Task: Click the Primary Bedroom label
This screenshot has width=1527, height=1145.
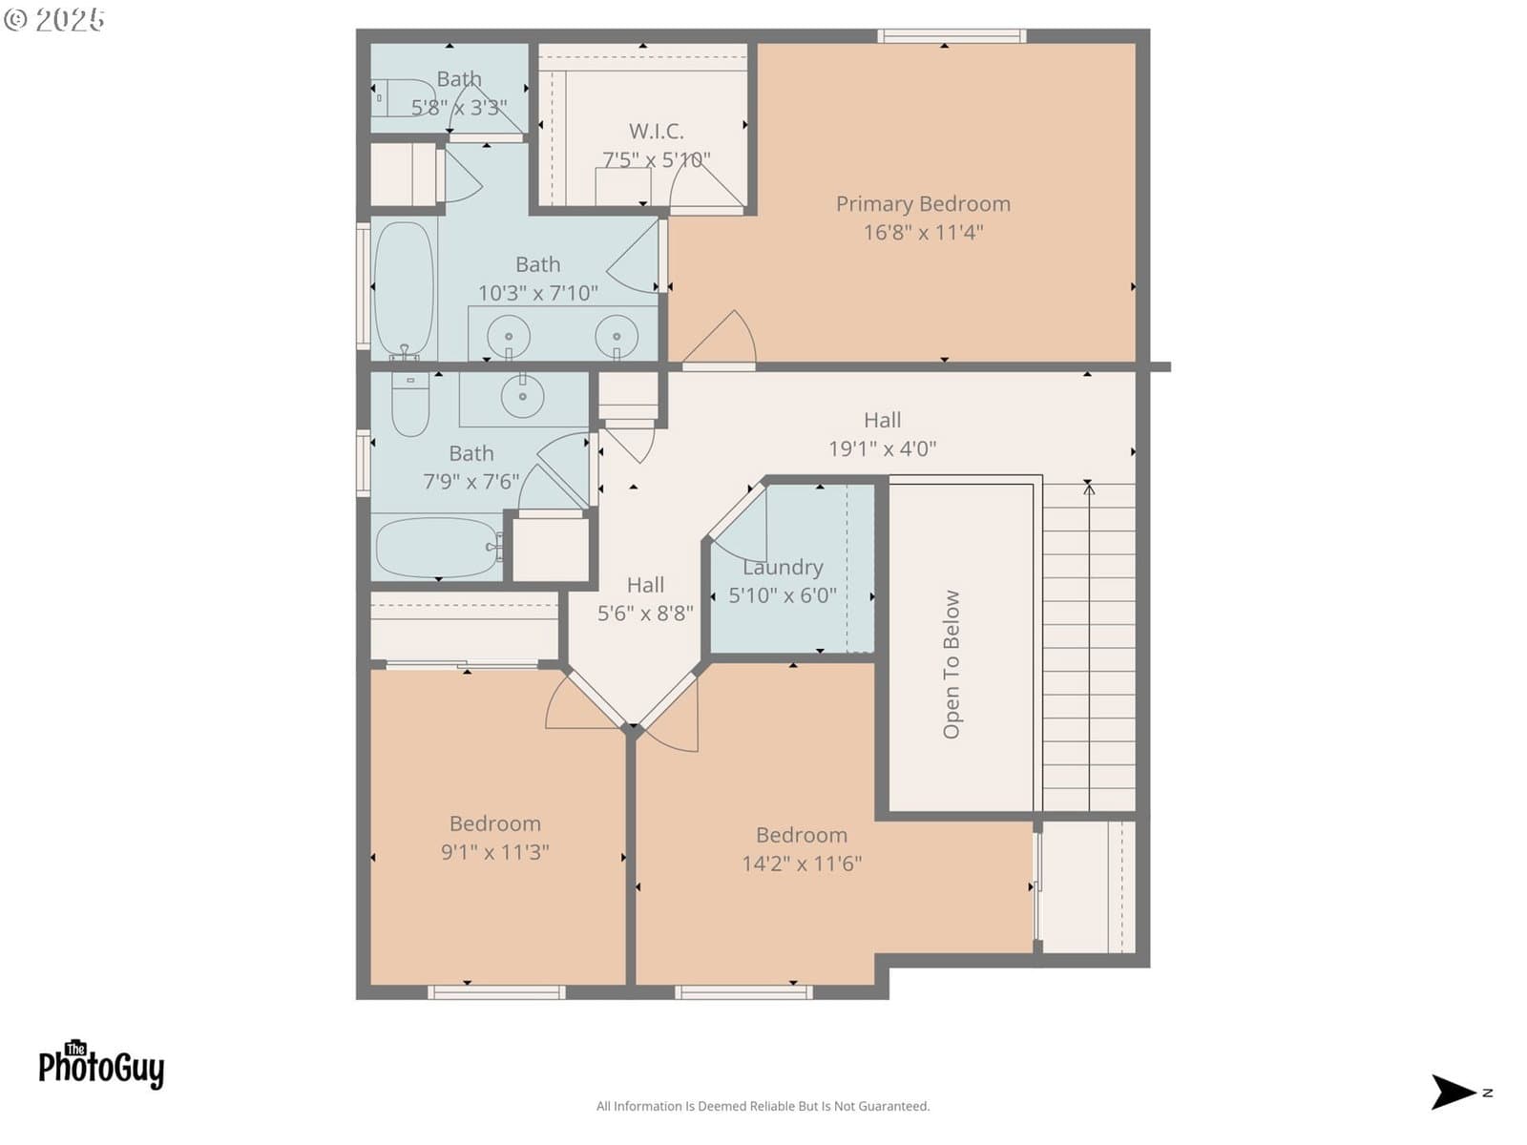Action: [923, 203]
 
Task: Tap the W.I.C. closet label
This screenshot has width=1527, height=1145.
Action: [656, 131]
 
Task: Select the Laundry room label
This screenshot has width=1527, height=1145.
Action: [783, 568]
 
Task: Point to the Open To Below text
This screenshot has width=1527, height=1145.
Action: [951, 664]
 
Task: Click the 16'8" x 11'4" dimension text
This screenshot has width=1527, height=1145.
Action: [923, 232]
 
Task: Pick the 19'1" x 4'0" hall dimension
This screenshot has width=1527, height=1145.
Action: [882, 448]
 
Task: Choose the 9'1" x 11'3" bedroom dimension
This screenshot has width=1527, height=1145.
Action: [494, 852]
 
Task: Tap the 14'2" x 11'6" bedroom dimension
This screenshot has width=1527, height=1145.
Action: [802, 864]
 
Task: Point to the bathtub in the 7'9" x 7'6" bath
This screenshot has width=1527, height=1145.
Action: [437, 547]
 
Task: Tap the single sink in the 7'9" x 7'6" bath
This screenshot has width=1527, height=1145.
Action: [522, 396]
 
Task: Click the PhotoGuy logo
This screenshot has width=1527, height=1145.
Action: [101, 1064]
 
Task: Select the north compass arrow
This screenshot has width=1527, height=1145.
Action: [1454, 1093]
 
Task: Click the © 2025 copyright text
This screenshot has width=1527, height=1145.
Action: [54, 19]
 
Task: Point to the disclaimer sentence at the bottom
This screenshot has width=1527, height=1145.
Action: [763, 1106]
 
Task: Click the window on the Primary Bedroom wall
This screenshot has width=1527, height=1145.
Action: [951, 35]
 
